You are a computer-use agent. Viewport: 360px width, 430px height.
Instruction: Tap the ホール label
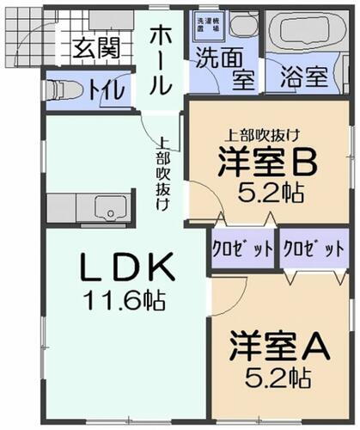(x=162, y=58)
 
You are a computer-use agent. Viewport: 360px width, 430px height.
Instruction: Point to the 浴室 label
(x=305, y=75)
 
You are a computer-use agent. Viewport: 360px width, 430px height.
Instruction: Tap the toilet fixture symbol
(x=64, y=89)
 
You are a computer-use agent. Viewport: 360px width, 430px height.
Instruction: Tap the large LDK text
(x=127, y=267)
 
